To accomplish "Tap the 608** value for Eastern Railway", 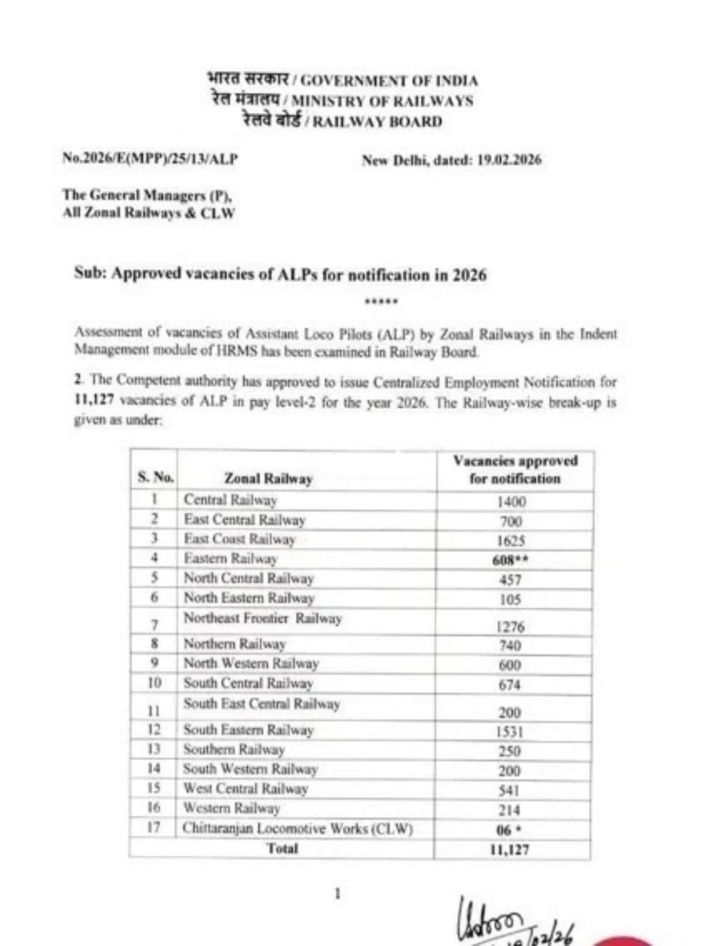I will coord(515,559).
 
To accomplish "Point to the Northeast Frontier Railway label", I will coord(263,619).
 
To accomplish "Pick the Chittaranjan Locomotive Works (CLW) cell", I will coord(297,828).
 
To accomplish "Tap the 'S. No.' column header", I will coord(155,478).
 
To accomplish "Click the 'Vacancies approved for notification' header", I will coord(515,469).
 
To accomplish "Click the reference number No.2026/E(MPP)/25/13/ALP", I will coord(151,159).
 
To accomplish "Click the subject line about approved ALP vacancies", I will coord(280,274).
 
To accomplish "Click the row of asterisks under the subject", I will coord(382,302).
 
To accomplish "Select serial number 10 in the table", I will coord(155,683).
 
